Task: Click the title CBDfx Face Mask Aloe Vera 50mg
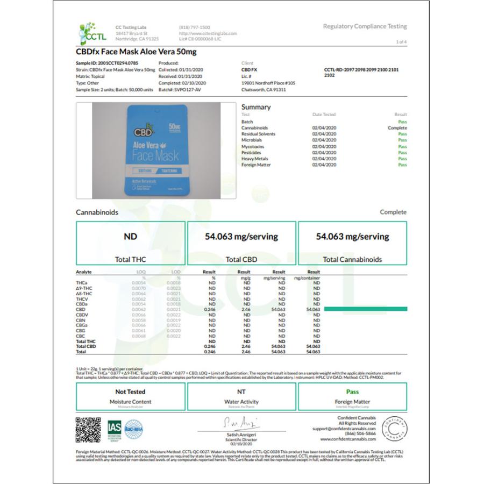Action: coord(136,52)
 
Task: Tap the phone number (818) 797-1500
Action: coord(194,27)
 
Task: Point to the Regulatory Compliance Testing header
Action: coord(365,26)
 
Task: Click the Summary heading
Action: coord(255,107)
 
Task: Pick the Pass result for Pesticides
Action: coord(402,153)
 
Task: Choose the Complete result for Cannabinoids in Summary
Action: coord(397,128)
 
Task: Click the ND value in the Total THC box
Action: coord(130,236)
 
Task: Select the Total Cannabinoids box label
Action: coord(352,259)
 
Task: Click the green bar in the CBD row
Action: coord(365,309)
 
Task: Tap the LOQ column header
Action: coord(141,272)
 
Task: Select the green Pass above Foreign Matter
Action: coord(352,392)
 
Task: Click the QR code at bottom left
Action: coord(88,429)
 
